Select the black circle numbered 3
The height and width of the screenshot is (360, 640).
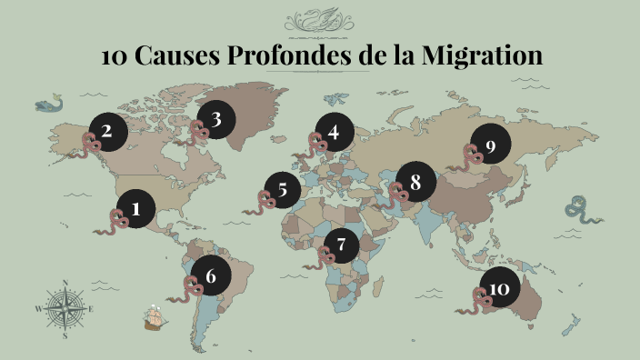[215, 119]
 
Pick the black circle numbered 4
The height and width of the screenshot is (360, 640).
[334, 134]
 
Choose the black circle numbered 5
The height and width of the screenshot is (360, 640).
[283, 191]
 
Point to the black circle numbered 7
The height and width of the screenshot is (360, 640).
[341, 244]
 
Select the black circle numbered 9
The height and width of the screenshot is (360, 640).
[490, 146]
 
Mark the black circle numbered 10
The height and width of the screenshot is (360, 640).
[499, 289]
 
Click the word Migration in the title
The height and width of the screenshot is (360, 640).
[481, 55]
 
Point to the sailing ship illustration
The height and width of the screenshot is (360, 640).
[155, 317]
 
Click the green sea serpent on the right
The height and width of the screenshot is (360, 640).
[580, 210]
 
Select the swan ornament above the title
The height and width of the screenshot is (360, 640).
[320, 20]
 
